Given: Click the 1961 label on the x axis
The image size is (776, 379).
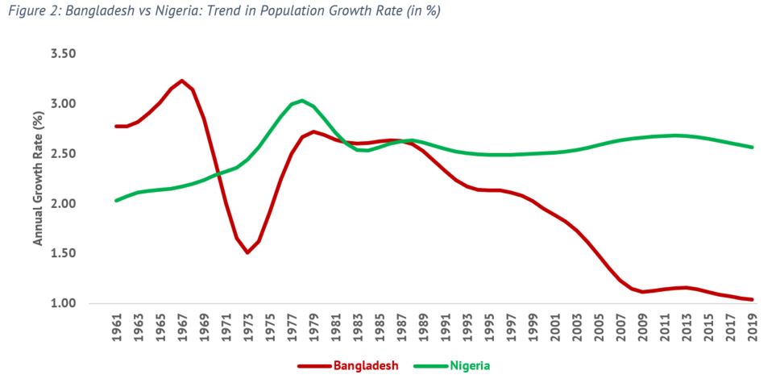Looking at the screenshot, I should tap(117, 331).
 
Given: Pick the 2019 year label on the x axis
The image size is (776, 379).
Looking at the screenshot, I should tap(752, 331).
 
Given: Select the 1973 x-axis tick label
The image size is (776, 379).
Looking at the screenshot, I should tap(248, 331).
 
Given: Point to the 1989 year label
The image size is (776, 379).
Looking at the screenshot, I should tap(423, 331).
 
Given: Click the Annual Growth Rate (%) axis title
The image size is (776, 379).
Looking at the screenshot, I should tap(38, 180).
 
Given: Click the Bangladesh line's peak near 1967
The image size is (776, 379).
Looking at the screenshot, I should tap(182, 81).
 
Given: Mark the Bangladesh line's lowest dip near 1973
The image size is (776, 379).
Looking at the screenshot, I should tap(247, 252).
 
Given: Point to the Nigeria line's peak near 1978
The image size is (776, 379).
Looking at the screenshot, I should tap(301, 101).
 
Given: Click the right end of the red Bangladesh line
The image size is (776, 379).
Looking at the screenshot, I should tap(752, 299).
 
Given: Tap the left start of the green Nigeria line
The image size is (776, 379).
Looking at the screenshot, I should tap(117, 200).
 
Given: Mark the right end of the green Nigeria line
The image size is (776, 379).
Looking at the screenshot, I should tap(752, 147).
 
